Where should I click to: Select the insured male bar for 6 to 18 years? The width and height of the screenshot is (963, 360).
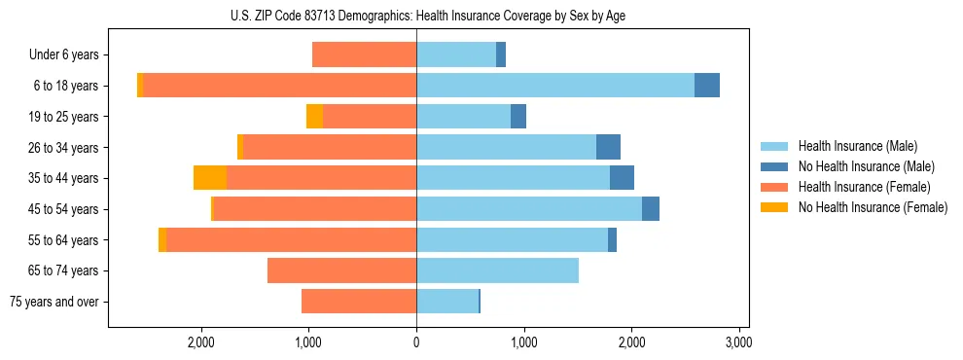tap(554, 86)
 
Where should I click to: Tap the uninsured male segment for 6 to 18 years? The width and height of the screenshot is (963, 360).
tap(707, 86)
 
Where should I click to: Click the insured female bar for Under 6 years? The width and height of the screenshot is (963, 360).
tap(364, 55)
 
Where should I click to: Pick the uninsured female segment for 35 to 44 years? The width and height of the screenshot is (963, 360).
tap(210, 178)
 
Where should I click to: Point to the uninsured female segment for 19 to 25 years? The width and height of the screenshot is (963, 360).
tap(314, 117)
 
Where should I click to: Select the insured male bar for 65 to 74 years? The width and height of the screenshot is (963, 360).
tap(497, 270)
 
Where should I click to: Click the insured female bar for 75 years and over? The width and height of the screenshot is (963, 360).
tap(359, 302)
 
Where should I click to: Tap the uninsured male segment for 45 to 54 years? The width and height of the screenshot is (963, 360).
tap(651, 209)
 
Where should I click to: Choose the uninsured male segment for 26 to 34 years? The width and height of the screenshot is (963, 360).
tap(608, 147)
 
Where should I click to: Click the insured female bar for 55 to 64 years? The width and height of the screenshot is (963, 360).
tap(291, 240)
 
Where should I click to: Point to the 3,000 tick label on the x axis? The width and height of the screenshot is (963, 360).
tap(738, 342)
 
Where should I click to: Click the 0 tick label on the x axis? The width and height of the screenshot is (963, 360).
tap(416, 342)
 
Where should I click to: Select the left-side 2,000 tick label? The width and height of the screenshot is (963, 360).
tap(201, 342)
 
